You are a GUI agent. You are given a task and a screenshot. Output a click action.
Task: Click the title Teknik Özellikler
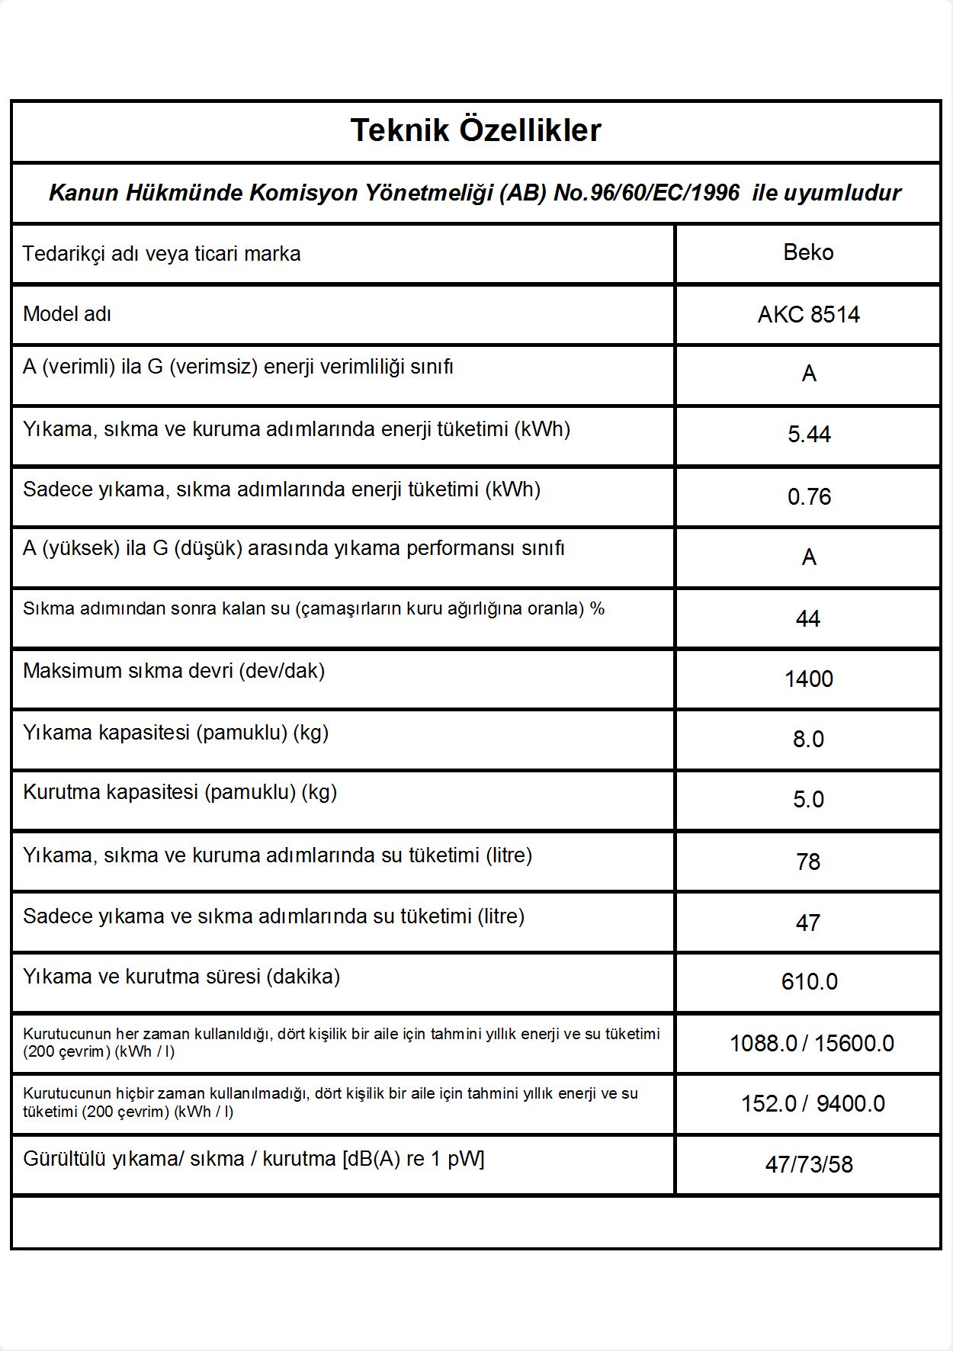[x=476, y=130]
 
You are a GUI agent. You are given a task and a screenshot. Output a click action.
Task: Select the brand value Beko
[x=808, y=252]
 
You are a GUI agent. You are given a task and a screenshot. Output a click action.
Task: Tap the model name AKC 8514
[x=808, y=314]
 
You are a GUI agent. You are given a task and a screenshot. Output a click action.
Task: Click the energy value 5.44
[x=809, y=435]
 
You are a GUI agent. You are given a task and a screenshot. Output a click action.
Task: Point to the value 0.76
[x=809, y=497]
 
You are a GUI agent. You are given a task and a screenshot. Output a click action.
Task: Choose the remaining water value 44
[x=808, y=618]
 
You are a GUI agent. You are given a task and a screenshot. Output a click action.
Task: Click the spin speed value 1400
[x=808, y=679]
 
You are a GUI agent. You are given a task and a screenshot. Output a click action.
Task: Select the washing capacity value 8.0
[x=808, y=739]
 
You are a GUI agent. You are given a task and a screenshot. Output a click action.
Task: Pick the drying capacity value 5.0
[x=808, y=799]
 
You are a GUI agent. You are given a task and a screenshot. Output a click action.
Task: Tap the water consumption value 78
[x=808, y=862]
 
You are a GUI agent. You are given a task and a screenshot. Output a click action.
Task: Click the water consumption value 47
[x=808, y=923]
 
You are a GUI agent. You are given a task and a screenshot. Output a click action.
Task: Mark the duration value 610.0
[x=809, y=981]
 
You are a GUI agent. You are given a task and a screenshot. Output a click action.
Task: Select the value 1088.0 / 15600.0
[x=811, y=1043]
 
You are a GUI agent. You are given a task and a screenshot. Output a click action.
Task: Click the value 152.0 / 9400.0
[x=813, y=1103]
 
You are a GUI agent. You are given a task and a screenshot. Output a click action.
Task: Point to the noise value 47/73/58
[x=809, y=1164]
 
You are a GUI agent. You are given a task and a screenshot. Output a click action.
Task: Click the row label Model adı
[x=67, y=314]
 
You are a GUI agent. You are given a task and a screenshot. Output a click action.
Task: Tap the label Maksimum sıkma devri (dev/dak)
[x=174, y=671]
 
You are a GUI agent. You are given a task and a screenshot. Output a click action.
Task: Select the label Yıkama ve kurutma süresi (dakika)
[x=181, y=977]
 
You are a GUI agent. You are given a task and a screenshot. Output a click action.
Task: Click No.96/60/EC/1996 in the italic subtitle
[x=647, y=193]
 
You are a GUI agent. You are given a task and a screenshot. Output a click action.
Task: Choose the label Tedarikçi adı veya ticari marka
[x=162, y=254]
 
